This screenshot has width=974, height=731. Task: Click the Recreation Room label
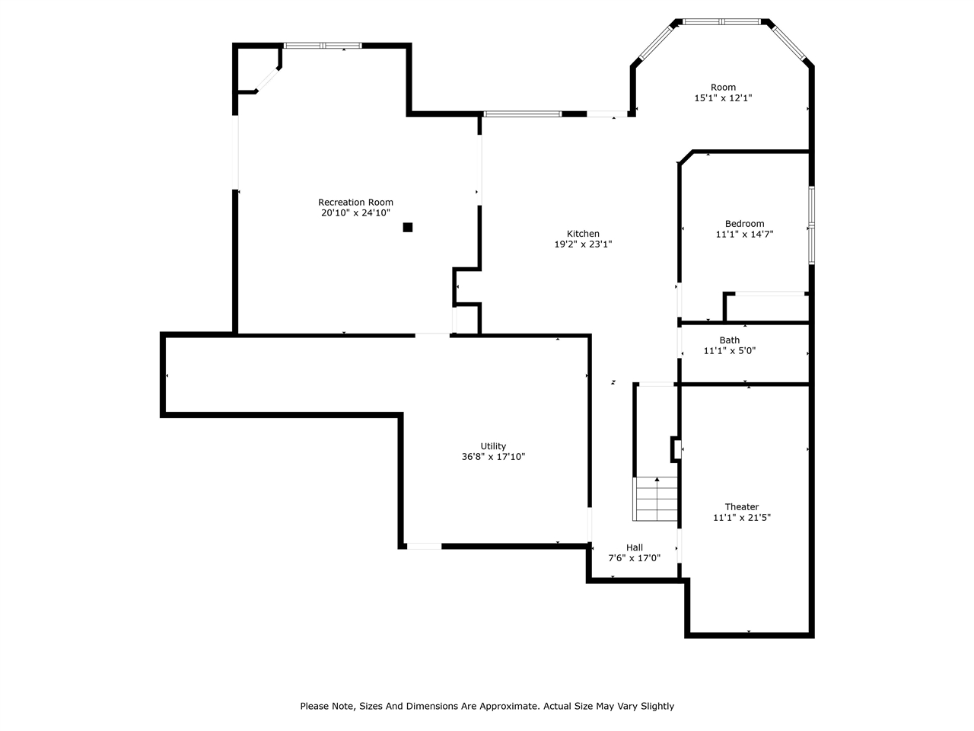tap(355, 203)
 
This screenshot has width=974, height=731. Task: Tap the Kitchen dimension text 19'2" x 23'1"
tap(583, 244)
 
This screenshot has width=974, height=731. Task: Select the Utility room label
tap(493, 446)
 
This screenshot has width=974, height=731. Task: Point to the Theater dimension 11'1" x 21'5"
tap(741, 518)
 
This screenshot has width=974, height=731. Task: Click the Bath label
tap(729, 340)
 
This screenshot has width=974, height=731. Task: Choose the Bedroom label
tap(744, 224)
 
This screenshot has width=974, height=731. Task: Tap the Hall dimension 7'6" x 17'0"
tap(634, 558)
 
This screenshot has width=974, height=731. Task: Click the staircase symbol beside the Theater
tap(655, 499)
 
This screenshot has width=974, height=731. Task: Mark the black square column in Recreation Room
tap(408, 227)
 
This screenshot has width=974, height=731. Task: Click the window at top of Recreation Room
tap(323, 46)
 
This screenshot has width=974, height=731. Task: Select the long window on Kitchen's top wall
tap(523, 114)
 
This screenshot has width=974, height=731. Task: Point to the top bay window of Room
tap(722, 22)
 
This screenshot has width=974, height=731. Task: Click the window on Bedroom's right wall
tap(811, 225)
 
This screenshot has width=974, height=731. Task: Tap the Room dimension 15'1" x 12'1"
tap(723, 98)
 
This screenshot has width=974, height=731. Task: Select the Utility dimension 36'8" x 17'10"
tap(493, 457)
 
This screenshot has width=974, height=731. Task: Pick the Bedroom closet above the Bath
tap(767, 307)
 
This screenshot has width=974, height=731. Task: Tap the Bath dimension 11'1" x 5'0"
tap(729, 351)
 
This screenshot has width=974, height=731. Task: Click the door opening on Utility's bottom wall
tap(424, 546)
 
